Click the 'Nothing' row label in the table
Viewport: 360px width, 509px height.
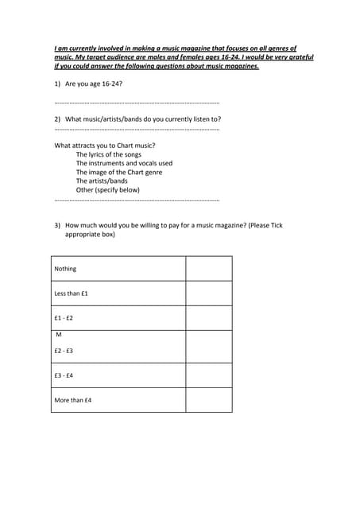pyautogui.click(x=65, y=269)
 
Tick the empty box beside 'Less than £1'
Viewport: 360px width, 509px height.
pyautogui.click(x=209, y=293)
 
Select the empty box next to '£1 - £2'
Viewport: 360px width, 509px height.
pyautogui.click(x=209, y=318)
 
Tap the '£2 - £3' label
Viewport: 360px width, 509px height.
pyautogui.click(x=64, y=351)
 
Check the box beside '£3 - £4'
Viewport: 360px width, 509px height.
pyautogui.click(x=209, y=375)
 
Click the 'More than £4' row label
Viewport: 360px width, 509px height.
pyautogui.click(x=72, y=400)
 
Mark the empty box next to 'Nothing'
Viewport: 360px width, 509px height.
pyautogui.click(x=209, y=269)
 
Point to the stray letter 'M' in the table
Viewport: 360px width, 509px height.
pyautogui.click(x=59, y=335)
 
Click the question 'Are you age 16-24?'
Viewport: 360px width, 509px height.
pyautogui.click(x=94, y=84)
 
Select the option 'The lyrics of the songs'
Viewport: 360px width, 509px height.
pyautogui.click(x=109, y=154)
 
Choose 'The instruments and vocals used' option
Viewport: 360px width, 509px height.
pyautogui.click(x=124, y=163)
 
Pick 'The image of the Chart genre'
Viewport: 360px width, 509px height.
pyautogui.click(x=119, y=172)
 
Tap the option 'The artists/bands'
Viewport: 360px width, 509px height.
pyautogui.click(x=102, y=181)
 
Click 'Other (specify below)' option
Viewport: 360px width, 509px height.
pyautogui.click(x=108, y=190)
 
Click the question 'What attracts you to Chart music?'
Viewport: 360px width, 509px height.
pyautogui.click(x=105, y=146)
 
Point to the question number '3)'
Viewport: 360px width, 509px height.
pyautogui.click(x=58, y=226)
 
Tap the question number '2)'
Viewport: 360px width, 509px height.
pyautogui.click(x=58, y=119)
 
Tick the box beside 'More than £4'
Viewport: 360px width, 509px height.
pyautogui.click(x=209, y=400)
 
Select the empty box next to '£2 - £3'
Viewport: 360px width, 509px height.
pyautogui.click(x=209, y=347)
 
